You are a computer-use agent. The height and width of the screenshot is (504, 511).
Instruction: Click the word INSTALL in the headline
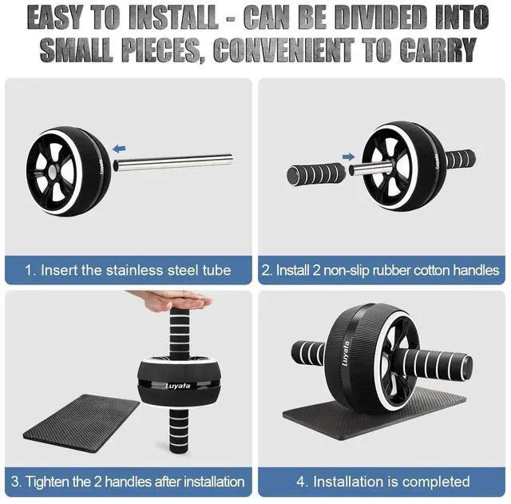point(173,18)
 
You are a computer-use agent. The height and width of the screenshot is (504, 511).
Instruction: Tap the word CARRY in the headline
point(438,50)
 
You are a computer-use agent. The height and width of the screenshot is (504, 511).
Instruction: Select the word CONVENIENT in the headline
point(283,50)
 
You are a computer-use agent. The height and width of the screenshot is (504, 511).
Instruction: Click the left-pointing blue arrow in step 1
point(119,149)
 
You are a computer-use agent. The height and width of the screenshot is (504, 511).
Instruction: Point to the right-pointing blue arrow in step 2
point(348,157)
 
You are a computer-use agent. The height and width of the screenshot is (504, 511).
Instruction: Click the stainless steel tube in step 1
point(173,162)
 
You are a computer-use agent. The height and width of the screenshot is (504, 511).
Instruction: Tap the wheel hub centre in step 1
point(52,173)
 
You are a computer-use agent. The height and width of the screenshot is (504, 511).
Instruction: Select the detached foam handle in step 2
point(316,175)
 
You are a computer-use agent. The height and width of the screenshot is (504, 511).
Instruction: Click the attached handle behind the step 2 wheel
point(460,159)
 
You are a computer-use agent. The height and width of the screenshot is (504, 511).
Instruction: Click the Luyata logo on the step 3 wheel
point(178,386)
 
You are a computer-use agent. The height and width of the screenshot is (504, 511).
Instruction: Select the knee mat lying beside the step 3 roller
point(81,423)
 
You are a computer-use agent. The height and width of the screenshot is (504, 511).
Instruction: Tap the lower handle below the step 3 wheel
point(179,431)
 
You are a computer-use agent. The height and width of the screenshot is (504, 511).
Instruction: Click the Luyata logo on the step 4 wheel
point(346,353)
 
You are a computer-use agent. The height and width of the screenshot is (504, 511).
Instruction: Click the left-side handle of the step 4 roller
point(308,353)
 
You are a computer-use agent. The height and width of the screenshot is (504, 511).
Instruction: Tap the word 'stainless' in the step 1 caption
point(135,270)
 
